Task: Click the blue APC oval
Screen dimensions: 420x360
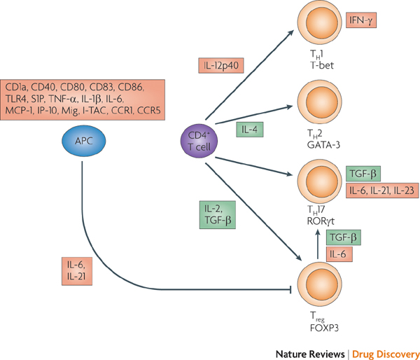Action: coord(84,141)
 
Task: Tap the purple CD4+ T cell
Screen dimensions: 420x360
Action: coord(199,141)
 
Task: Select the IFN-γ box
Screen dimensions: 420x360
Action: coord(361,20)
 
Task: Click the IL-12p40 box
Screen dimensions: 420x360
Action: coord(221,65)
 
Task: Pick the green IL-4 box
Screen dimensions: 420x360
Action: coord(250,130)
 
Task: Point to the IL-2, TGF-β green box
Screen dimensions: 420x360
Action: coord(218,215)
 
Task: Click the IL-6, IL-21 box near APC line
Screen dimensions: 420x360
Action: coord(77,271)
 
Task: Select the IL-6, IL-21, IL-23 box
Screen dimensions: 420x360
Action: coord(382,191)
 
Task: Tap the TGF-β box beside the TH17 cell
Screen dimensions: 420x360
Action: coord(363,174)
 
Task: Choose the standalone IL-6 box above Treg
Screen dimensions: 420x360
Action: coord(339,254)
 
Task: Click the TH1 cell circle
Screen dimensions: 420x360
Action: coord(320,22)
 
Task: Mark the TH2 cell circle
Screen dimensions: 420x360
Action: coord(320,102)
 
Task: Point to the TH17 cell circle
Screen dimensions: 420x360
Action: coord(320,181)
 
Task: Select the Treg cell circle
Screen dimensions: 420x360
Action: coord(320,284)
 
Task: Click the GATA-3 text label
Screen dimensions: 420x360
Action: coord(323,145)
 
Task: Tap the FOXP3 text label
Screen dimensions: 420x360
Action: coord(324,328)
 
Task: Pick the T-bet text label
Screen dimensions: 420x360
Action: coord(322,65)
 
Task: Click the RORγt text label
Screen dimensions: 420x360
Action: coord(321,221)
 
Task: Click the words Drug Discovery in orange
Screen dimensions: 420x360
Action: coord(386,354)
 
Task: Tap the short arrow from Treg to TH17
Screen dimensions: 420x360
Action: coord(318,244)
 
